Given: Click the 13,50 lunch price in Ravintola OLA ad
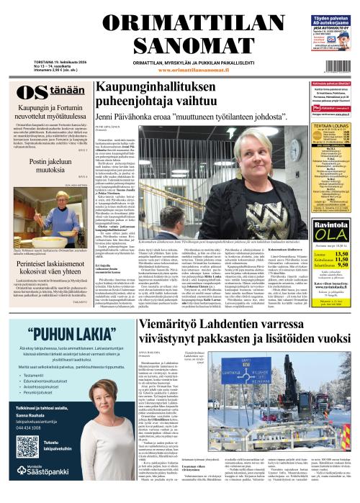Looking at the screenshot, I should (x=341, y=253).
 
